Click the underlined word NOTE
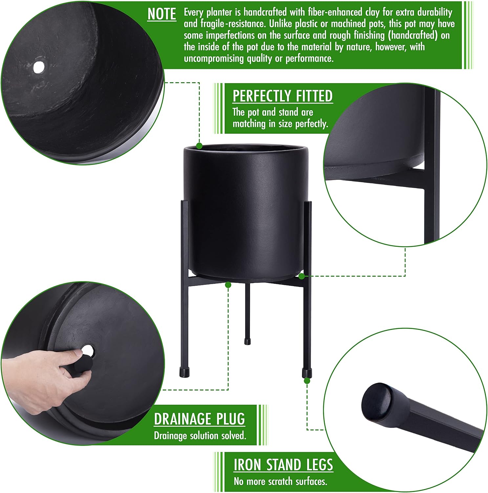(x=161, y=14)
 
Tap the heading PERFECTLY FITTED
(x=283, y=96)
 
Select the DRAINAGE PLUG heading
(x=200, y=419)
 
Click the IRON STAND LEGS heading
(x=283, y=465)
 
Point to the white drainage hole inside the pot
(x=39, y=67)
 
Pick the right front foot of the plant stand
(x=307, y=373)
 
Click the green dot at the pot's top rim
(x=199, y=146)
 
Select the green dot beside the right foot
(x=307, y=381)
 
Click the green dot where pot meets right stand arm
(x=302, y=276)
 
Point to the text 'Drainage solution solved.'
(x=200, y=435)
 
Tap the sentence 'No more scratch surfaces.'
(x=281, y=481)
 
